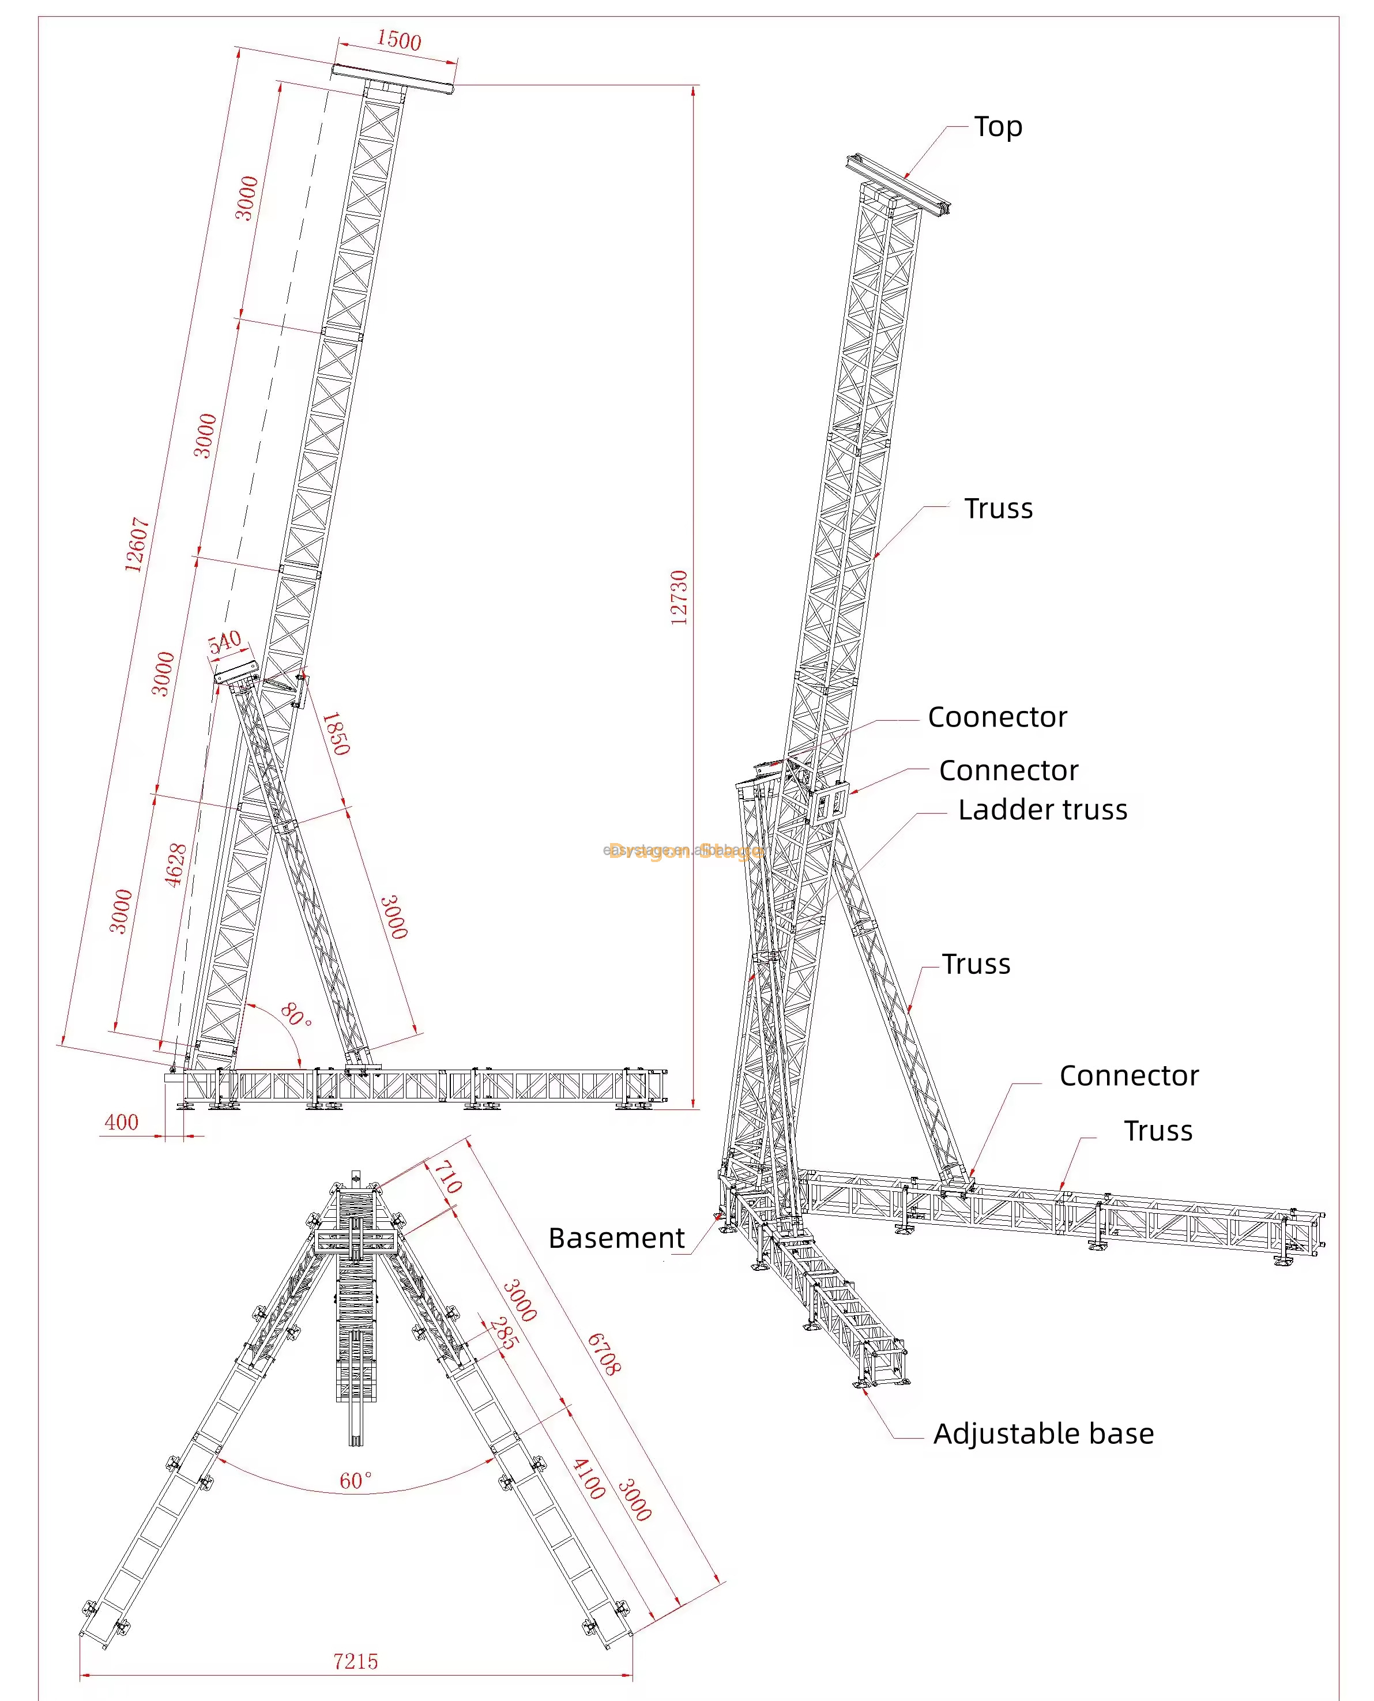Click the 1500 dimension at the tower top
(x=398, y=40)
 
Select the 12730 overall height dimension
(x=679, y=597)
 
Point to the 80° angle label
(x=295, y=1015)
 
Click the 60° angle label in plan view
(x=355, y=1480)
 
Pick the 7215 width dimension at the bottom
(x=355, y=1661)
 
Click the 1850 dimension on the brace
(x=336, y=734)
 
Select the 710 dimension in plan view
(x=448, y=1176)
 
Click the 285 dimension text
(x=504, y=1333)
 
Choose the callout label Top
(x=998, y=127)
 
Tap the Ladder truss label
(x=1042, y=810)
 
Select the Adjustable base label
(x=1043, y=1433)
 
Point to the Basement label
(x=616, y=1238)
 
